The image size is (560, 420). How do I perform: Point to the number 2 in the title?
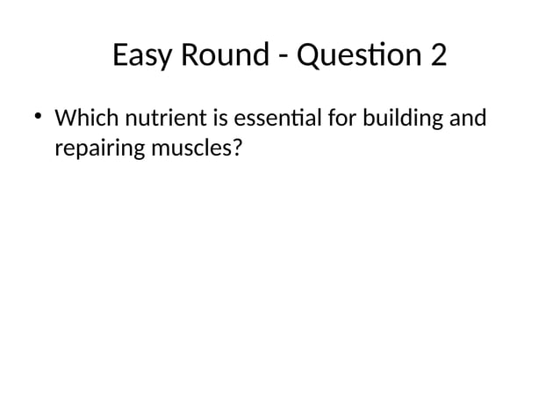coord(438,56)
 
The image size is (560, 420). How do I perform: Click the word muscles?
coord(188,149)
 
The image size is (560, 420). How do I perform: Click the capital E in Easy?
coord(120,56)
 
